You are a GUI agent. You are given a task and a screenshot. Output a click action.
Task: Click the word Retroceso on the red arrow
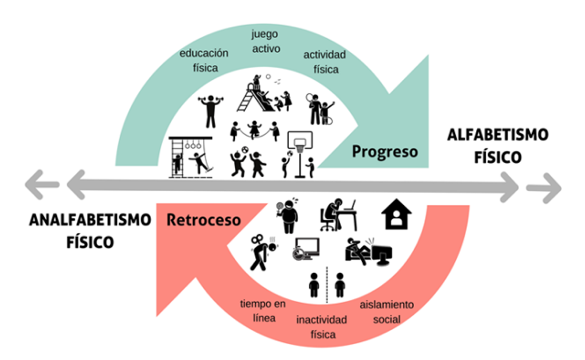click(204, 220)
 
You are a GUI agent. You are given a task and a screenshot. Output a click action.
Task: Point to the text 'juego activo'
click(265, 41)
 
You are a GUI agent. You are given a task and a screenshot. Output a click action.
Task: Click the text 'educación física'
click(204, 60)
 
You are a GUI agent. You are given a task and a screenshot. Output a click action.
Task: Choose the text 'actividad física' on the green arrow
click(325, 62)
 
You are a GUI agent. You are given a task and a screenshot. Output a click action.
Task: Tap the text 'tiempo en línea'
click(263, 311)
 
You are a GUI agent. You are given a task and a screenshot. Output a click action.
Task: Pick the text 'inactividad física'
click(322, 327)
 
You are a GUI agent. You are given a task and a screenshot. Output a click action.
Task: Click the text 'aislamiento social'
click(386, 312)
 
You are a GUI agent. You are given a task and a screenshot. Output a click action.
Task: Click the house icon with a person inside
click(396, 215)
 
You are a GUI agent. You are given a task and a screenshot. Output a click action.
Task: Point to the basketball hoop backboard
click(300, 140)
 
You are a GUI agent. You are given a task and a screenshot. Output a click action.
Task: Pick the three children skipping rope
click(254, 131)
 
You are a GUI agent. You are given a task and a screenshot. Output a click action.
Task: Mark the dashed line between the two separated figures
click(327, 285)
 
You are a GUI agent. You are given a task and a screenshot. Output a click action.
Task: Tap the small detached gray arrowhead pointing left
click(41, 185)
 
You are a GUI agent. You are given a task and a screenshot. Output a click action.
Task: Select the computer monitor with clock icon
click(306, 249)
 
